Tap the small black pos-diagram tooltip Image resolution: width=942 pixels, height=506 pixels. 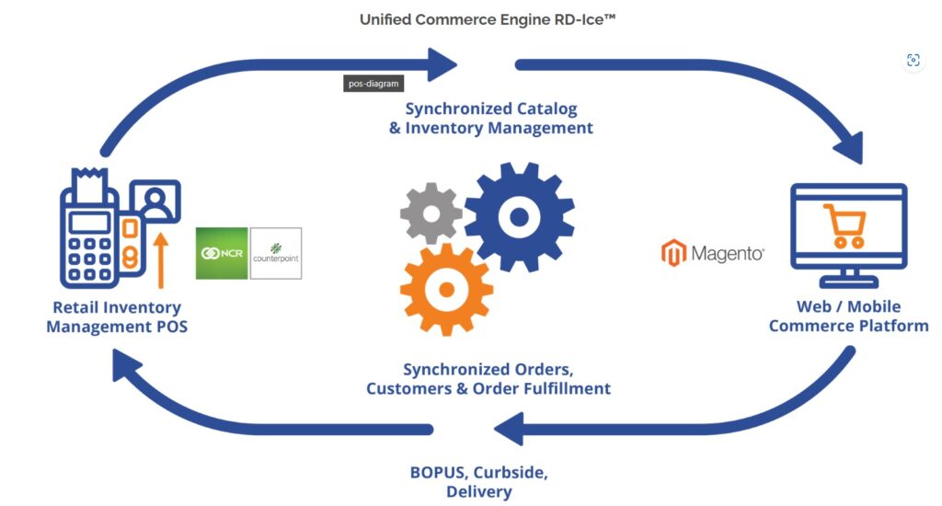point(373,83)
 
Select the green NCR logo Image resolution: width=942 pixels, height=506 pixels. point(222,253)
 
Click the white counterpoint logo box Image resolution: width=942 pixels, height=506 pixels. point(276,253)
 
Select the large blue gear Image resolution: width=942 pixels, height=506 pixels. point(519,217)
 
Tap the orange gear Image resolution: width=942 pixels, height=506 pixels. point(446,289)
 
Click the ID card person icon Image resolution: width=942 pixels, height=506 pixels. point(155,201)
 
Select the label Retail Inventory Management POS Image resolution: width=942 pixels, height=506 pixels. point(117,316)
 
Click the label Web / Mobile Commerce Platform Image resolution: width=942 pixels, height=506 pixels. point(848,316)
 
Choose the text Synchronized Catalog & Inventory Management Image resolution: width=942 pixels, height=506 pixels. point(491,119)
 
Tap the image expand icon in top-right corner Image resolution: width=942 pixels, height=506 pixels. point(913,61)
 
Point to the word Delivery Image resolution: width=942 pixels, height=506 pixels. point(478,491)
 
